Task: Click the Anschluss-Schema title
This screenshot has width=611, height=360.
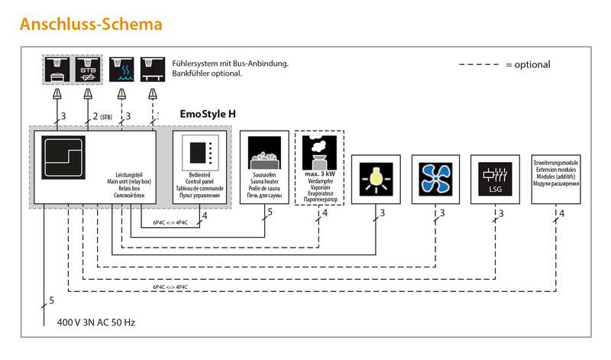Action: tap(91, 24)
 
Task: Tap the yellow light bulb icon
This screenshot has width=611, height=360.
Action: tap(374, 177)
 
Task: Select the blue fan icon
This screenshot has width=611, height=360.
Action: tap(436, 177)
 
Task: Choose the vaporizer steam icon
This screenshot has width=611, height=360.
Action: tap(319, 149)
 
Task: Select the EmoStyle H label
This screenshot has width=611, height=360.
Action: tap(208, 114)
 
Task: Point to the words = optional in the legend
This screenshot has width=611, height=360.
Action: tap(527, 65)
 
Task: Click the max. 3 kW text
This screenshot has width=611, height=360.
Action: tap(320, 174)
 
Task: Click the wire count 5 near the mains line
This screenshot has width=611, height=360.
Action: tap(51, 301)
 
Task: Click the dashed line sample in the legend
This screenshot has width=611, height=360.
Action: tap(478, 65)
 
